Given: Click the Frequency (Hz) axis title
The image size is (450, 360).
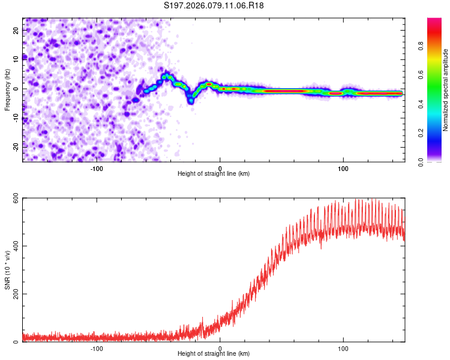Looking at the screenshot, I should (7, 89).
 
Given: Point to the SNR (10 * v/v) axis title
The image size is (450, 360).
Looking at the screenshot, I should (7, 270).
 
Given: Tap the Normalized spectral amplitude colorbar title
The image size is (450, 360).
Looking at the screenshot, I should (446, 90).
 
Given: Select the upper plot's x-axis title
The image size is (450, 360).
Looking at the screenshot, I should (214, 174).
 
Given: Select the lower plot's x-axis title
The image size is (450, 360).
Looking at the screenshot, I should (214, 354).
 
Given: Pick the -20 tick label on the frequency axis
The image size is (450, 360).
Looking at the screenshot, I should (15, 146).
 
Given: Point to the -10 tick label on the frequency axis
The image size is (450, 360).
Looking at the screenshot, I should (15, 118).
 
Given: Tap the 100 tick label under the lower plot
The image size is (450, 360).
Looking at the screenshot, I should (343, 348).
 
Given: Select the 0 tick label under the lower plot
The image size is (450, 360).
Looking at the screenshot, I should (220, 348).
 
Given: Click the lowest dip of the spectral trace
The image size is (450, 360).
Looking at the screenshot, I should (191, 101).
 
